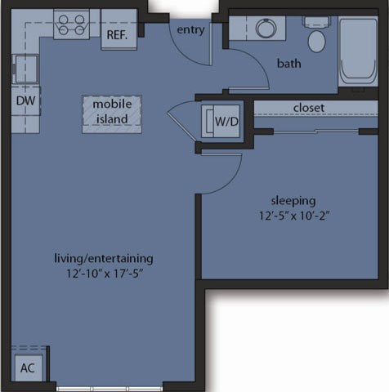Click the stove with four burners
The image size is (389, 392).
click(x=71, y=24)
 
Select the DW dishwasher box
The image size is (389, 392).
click(x=25, y=100)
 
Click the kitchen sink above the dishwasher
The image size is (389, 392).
click(x=25, y=69)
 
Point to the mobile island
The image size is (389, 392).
click(x=111, y=112)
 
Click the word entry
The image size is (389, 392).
click(x=191, y=29)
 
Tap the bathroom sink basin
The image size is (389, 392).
click(x=266, y=28)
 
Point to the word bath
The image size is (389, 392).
click(x=288, y=63)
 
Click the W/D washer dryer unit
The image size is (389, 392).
click(x=224, y=122)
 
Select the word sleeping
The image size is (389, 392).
click(x=293, y=200)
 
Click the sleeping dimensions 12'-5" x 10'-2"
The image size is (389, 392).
click(x=293, y=216)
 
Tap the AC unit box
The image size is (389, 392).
click(x=28, y=367)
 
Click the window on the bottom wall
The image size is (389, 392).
click(x=110, y=387)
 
